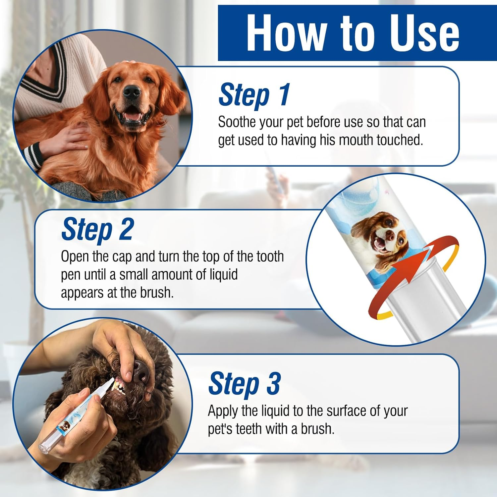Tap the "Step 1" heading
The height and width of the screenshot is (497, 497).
[254, 95]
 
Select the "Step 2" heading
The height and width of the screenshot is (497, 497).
[97, 229]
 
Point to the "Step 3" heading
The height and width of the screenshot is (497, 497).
[245, 384]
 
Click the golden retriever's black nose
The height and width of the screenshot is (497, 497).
[132, 92]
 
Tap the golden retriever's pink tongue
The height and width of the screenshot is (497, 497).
[133, 117]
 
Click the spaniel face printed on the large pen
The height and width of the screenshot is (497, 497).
[379, 236]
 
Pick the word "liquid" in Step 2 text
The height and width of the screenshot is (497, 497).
[223, 275]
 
